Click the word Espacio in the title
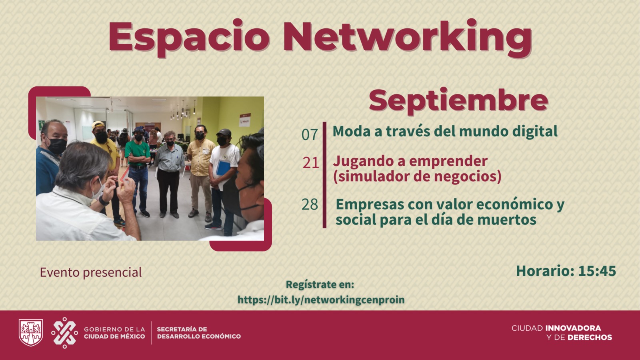189,38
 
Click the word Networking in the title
408,38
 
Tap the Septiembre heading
458,101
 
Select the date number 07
310,134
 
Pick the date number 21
311,162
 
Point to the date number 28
310,204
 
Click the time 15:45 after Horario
597,271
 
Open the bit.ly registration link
321,300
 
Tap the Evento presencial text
91,272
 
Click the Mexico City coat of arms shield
31,332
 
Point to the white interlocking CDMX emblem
64,332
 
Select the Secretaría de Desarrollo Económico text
199,333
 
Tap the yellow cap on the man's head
98,124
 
